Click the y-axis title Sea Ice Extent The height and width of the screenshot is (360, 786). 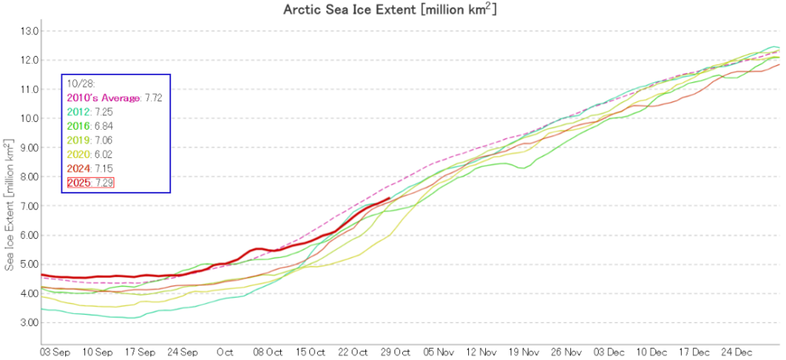click(x=9, y=205)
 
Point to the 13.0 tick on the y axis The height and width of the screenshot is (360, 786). click(x=29, y=31)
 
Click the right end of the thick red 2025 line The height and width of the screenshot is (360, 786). click(x=391, y=198)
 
